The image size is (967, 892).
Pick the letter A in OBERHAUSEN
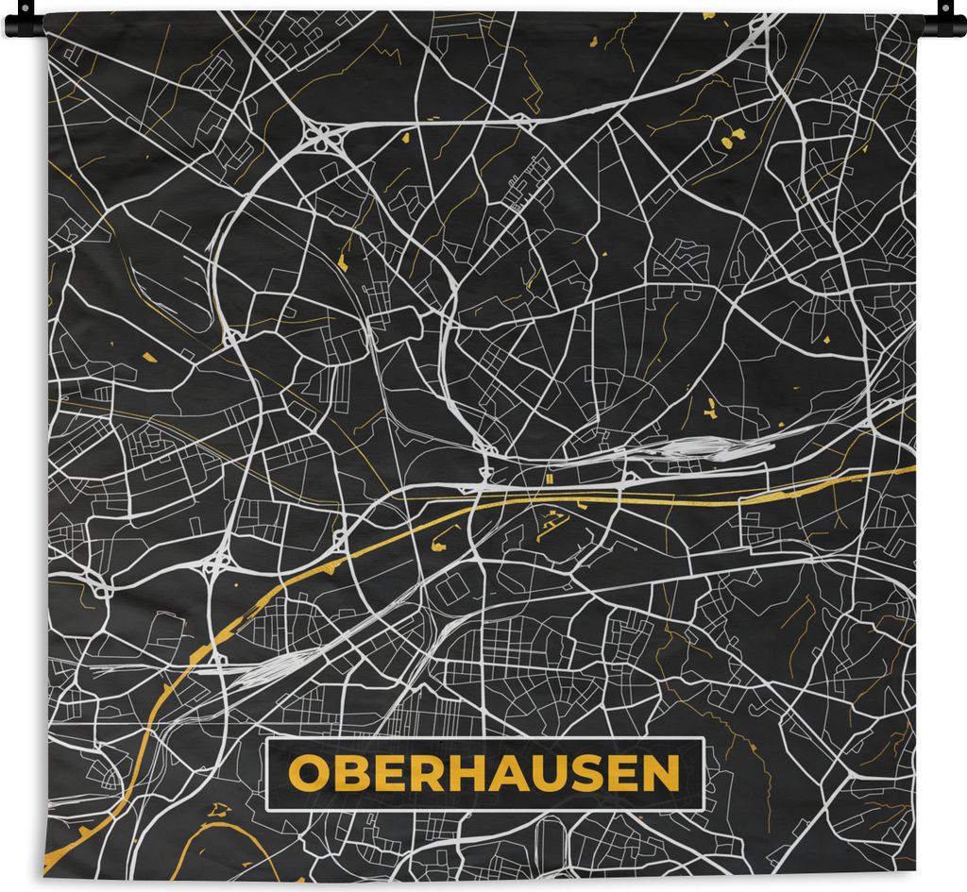pos(502,774)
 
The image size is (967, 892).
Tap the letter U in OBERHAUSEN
pos(544,774)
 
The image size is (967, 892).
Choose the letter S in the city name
pos(583,774)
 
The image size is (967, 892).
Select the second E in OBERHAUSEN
pos(619,774)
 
